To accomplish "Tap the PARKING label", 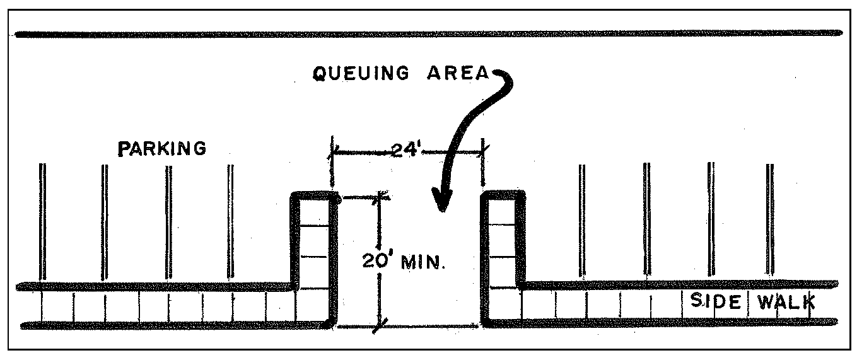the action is point(163,149).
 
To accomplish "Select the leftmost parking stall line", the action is point(43,221).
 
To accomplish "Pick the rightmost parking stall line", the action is point(769,221).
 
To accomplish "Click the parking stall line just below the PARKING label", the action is point(167,221).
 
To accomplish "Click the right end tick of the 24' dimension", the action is point(483,152).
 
